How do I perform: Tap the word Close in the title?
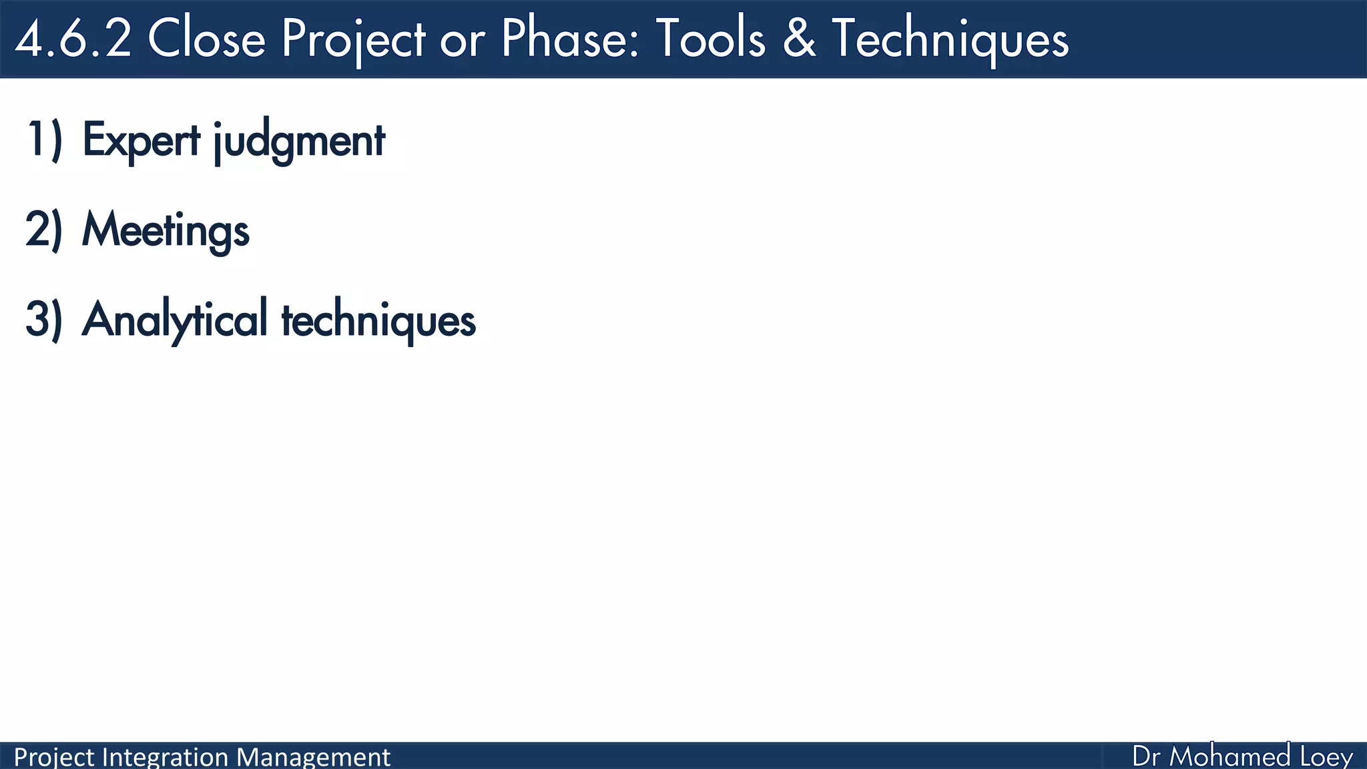[x=206, y=39]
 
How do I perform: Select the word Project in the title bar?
[x=353, y=39]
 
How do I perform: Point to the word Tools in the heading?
[x=710, y=39]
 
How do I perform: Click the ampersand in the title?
[x=799, y=39]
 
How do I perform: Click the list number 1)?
[x=44, y=140]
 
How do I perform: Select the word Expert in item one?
[x=141, y=140]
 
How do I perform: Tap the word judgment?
[x=299, y=142]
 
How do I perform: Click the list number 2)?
[x=44, y=230]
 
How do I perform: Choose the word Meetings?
[x=166, y=230]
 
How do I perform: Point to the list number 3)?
[x=44, y=319]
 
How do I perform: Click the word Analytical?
[x=175, y=320]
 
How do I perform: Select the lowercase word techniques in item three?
[x=378, y=320]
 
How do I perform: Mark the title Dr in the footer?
[x=1147, y=757]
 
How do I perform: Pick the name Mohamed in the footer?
[x=1230, y=757]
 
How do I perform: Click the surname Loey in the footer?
[x=1326, y=757]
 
